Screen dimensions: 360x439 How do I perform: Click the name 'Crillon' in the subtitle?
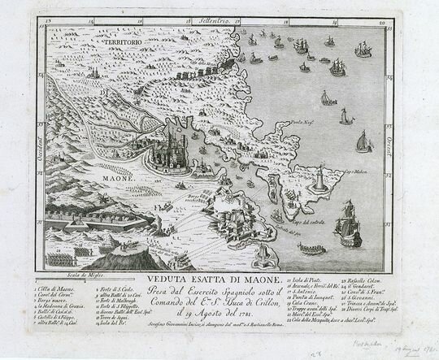coord(265,299)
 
